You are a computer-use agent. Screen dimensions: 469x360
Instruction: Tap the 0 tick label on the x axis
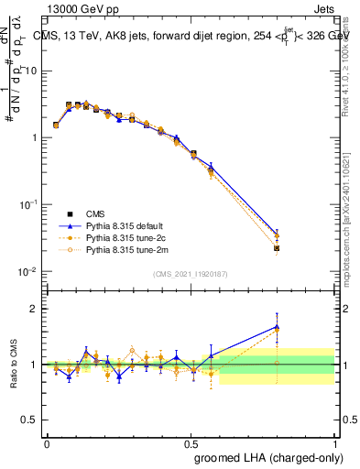coord(47,442)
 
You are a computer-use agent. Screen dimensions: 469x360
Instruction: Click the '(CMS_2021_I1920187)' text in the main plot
coord(190,274)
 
